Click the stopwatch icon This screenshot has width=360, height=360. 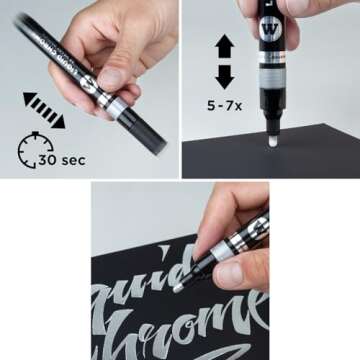tap(36, 149)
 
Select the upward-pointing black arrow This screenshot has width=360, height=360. tap(224, 46)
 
